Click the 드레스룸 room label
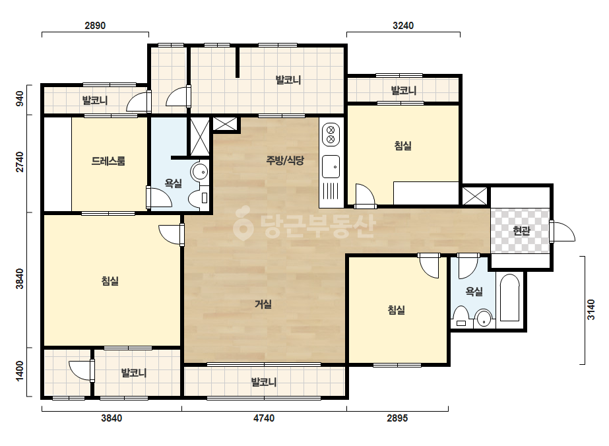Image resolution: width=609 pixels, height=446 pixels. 108,161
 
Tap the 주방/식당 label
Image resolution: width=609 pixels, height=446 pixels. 285,160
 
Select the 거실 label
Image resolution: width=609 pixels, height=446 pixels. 263,304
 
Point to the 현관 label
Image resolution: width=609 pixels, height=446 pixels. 521,231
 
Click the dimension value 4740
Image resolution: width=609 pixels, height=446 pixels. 264,418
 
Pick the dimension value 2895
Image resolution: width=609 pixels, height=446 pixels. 397,418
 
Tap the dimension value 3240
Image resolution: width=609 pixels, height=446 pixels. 403,26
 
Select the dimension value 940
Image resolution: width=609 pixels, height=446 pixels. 19,98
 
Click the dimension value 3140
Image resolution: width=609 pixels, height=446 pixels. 591,309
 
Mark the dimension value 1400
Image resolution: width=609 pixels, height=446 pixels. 19,371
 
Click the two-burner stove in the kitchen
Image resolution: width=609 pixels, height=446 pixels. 331,135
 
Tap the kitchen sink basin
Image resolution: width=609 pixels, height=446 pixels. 331,167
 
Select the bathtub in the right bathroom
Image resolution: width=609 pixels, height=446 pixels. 509,298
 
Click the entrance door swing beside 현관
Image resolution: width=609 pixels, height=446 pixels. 562,232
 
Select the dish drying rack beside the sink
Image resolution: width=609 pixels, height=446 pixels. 331,191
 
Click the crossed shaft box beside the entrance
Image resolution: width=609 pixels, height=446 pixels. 474,196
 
